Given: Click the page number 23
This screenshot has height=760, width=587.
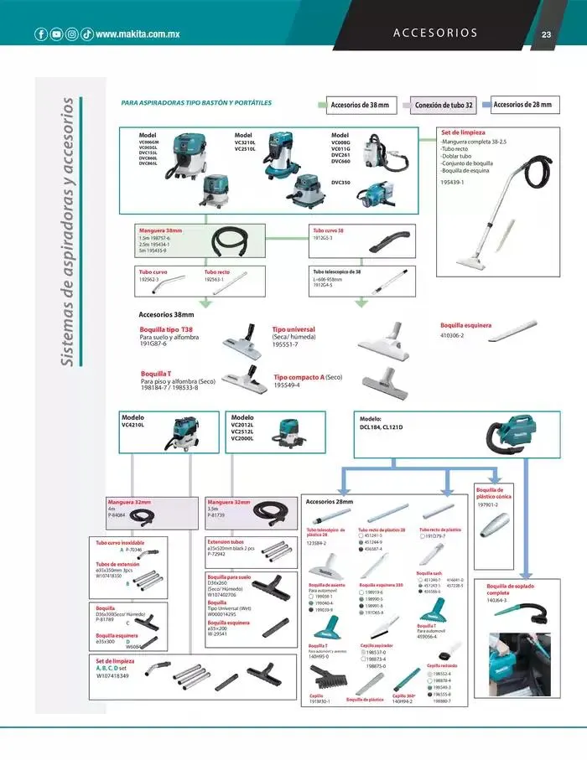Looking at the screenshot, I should click(546, 34).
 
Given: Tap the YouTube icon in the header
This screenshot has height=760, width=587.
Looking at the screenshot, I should click(56, 34).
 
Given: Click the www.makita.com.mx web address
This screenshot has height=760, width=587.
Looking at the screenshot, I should click(138, 34).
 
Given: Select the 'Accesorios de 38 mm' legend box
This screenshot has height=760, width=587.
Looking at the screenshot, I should click(360, 106).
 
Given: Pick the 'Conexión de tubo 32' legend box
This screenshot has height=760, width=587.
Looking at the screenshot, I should click(444, 106).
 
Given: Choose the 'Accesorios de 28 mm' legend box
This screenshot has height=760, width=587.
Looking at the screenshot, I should click(522, 105).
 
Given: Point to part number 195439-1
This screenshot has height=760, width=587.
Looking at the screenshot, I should click(452, 182).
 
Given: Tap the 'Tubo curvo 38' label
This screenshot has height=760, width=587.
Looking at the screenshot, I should click(329, 230).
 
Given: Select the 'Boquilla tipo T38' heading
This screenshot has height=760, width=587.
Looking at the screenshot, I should click(166, 329).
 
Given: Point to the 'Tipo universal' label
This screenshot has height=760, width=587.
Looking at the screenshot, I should click(293, 330).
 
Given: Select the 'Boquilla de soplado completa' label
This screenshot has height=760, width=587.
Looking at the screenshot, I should click(510, 589).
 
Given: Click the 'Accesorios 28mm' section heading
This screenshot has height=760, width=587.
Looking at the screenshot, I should click(330, 502).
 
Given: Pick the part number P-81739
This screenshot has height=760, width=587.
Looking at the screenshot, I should click(218, 515).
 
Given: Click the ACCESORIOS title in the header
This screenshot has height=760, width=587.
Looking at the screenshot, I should click(435, 34).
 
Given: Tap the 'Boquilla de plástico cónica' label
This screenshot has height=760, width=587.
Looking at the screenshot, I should click(490, 493).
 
